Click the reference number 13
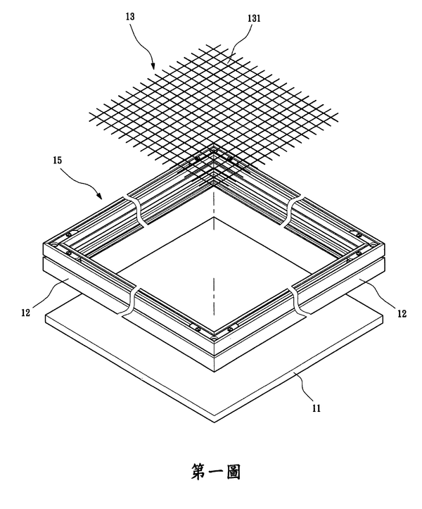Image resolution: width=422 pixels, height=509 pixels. coord(130,17)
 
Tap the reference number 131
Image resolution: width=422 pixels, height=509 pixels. coord(254,18)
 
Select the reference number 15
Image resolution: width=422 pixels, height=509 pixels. coord(57,161)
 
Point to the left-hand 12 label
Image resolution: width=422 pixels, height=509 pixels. coord(25,313)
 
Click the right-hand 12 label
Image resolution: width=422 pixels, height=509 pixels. coord(402,313)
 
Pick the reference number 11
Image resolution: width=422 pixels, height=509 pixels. coord(316,408)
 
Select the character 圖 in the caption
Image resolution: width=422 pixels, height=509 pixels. coord(232,472)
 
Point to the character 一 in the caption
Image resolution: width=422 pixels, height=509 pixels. coord(216,472)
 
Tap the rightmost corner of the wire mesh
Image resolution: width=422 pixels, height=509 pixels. coord(338,114)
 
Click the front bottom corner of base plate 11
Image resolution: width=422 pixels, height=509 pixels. coord(215,422)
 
